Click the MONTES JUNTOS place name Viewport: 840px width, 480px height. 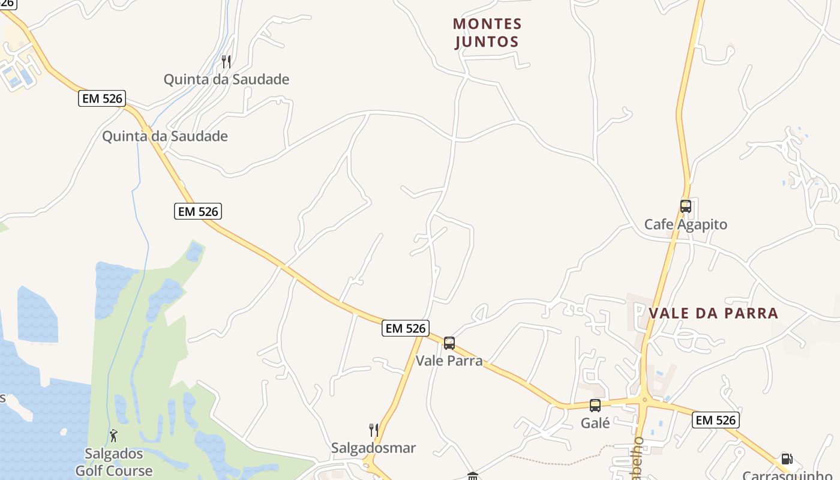tap(487, 33)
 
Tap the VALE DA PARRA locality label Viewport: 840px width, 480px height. tap(713, 313)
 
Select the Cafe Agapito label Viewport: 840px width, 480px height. tap(685, 224)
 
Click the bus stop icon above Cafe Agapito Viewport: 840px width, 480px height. tap(685, 206)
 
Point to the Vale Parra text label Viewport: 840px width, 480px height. tap(449, 361)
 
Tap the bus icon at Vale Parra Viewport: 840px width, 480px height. tap(449, 343)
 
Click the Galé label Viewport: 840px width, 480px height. tap(595, 423)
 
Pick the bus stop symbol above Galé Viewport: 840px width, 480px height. tap(595, 406)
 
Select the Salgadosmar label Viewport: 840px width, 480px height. tap(373, 448)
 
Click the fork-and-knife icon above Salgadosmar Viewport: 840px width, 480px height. tap(373, 430)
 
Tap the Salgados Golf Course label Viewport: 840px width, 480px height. tap(113, 462)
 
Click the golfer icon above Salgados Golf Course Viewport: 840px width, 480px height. tap(113, 436)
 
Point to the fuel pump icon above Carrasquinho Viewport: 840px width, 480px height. tap(787, 459)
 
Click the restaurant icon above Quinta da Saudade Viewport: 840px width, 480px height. tap(226, 61)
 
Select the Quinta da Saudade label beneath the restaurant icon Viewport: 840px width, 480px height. tap(226, 79)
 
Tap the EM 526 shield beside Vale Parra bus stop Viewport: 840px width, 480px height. tap(406, 328)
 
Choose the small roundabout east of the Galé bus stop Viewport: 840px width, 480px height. tap(644, 400)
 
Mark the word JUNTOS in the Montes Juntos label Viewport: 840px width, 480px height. tap(487, 42)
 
